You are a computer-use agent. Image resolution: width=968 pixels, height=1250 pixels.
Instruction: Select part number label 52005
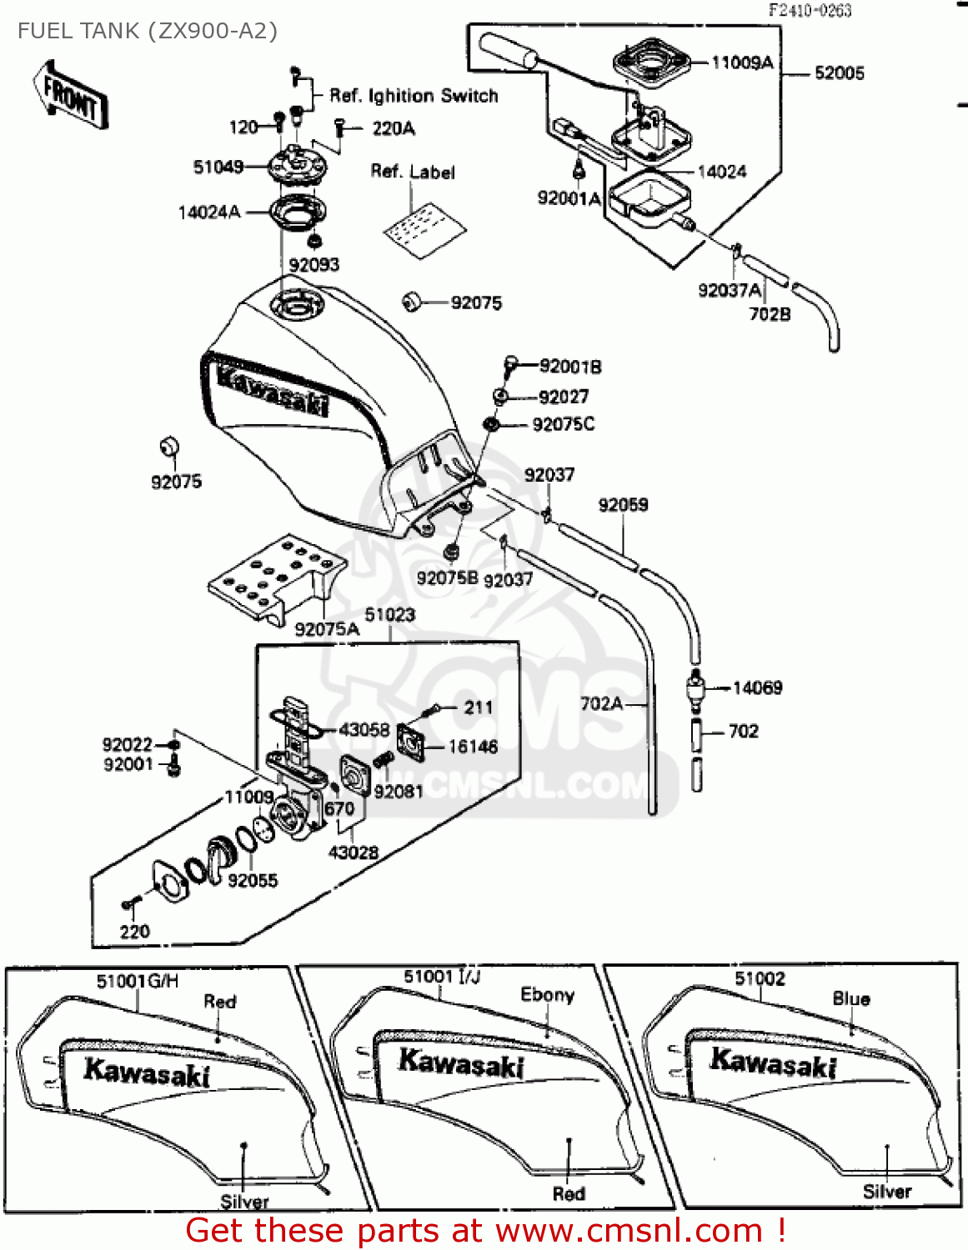point(839,73)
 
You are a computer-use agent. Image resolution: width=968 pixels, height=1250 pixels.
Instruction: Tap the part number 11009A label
point(742,62)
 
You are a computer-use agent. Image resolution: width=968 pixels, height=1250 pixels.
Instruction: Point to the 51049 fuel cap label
point(218,167)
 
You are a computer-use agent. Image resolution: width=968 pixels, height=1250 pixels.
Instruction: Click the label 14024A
point(208,212)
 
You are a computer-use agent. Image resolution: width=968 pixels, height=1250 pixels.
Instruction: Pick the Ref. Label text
point(413,172)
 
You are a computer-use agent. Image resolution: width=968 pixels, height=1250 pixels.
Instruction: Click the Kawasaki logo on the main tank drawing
point(272,388)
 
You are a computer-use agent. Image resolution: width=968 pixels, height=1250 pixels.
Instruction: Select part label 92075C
point(564,424)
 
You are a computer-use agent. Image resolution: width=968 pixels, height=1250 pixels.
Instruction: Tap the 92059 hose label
point(623,505)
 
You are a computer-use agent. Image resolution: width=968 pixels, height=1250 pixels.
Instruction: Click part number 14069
point(757,687)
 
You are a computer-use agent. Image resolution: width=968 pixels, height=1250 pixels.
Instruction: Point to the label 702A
point(601,703)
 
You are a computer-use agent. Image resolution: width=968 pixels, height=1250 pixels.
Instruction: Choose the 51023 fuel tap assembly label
point(389,615)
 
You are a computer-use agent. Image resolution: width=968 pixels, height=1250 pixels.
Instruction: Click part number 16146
point(473,747)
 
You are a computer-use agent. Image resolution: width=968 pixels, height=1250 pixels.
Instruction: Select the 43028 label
point(354,852)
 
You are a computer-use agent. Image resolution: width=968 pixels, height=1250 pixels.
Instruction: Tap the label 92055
point(253,880)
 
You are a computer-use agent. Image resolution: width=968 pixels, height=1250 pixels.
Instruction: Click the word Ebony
point(547,995)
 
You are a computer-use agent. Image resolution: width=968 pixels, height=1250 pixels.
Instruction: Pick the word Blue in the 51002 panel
point(850,998)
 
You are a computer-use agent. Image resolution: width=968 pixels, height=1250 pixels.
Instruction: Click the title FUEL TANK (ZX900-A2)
point(148,31)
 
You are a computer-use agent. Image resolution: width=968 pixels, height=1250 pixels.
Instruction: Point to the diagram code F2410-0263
point(810,10)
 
